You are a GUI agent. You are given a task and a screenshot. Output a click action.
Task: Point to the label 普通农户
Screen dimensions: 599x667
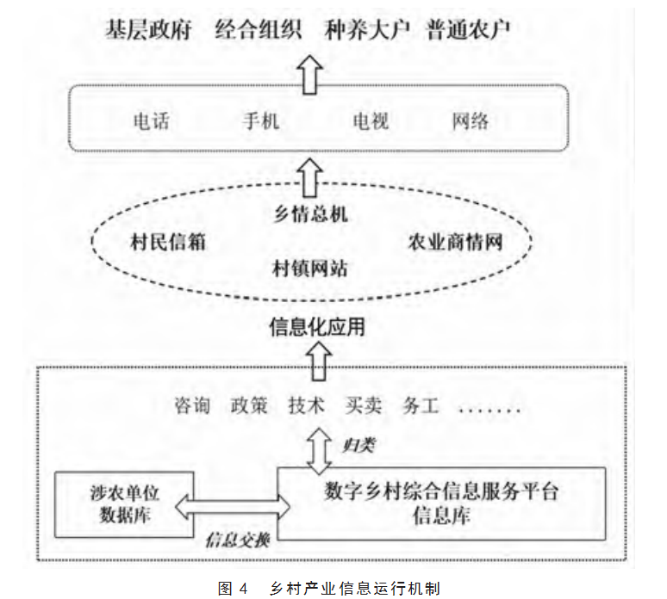point(470,30)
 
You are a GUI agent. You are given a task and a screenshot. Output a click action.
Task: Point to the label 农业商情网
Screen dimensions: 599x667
point(454,242)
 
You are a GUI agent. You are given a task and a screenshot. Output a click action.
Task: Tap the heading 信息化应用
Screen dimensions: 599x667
point(318,327)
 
